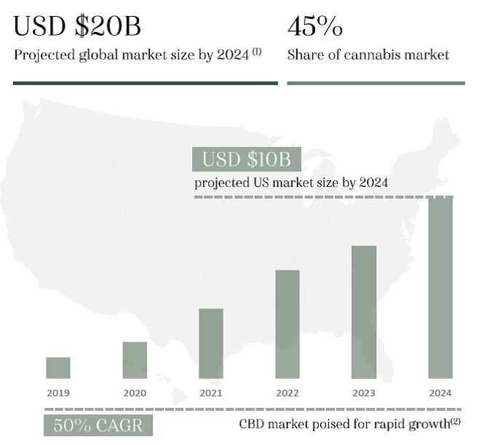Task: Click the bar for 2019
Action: click(58, 368)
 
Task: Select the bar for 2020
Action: click(135, 360)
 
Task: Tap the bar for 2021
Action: click(211, 343)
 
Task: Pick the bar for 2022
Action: click(287, 324)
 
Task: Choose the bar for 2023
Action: click(364, 312)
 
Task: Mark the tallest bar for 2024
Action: click(440, 288)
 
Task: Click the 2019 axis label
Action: click(58, 393)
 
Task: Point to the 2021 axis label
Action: click(211, 393)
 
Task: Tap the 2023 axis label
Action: click(364, 393)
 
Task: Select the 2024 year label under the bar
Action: click(440, 393)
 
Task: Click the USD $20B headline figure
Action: click(77, 27)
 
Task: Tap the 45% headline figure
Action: click(315, 27)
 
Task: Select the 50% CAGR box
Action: click(98, 425)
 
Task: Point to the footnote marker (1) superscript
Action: click(257, 51)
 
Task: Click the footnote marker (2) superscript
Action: click(456, 421)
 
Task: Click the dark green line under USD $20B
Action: click(145, 83)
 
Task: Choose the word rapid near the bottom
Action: click(390, 423)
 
